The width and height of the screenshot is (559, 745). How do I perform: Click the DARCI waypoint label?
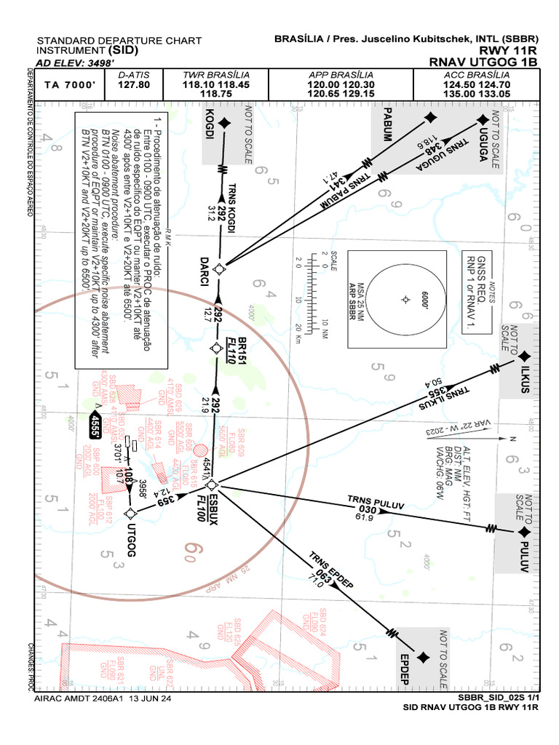pyautogui.click(x=206, y=268)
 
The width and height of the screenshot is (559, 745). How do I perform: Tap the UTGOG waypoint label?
pyautogui.click(x=131, y=540)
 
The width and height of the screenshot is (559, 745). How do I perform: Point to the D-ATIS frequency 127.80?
pyautogui.click(x=133, y=84)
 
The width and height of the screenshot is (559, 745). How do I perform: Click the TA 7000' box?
pyautogui.click(x=69, y=85)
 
